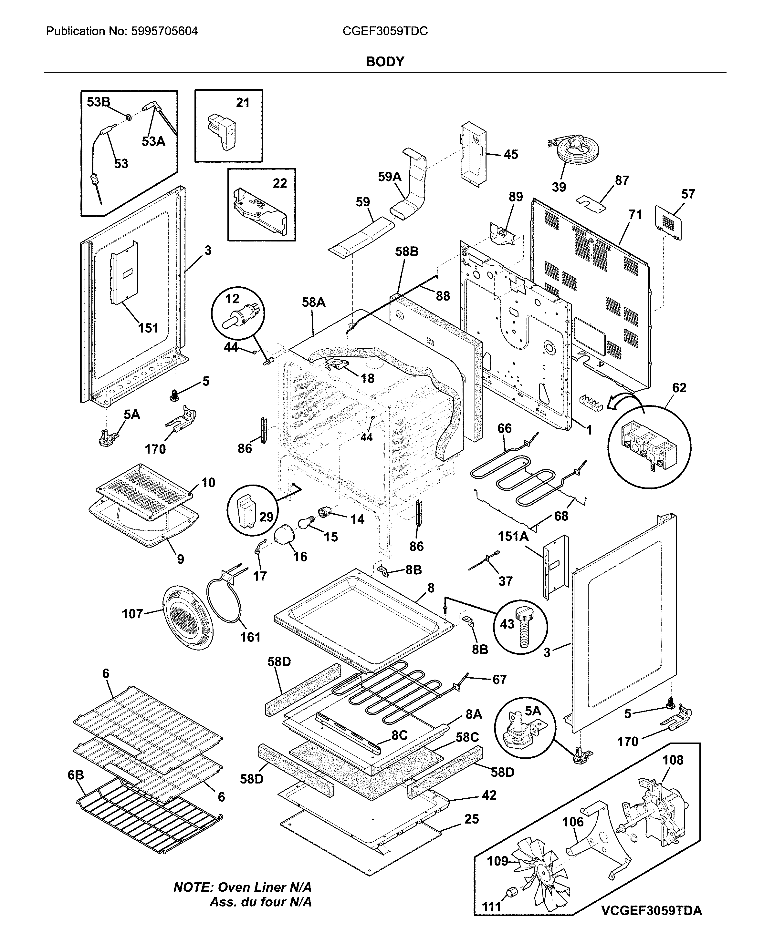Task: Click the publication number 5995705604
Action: (164, 31)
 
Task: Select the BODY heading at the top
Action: (385, 62)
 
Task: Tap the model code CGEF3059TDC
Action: (385, 31)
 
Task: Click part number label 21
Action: (243, 103)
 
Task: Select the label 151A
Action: (513, 536)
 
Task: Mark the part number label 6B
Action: (76, 775)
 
